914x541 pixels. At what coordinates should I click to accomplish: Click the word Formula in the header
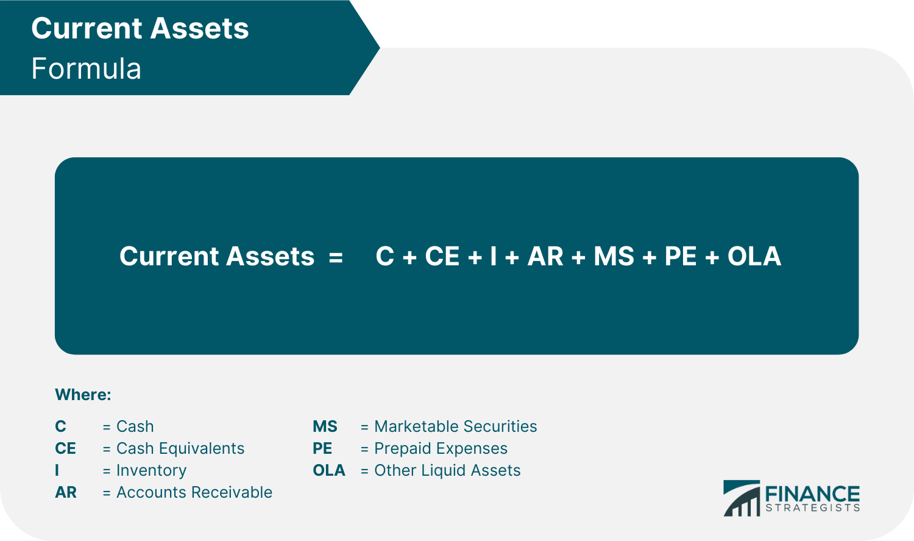pos(86,68)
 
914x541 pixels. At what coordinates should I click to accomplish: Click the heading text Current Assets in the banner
pos(140,28)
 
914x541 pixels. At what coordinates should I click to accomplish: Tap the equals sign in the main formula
pos(336,256)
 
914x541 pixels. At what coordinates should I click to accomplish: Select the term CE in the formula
pos(442,256)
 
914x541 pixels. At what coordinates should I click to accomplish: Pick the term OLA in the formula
pos(754,256)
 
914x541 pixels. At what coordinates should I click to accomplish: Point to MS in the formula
pos(614,256)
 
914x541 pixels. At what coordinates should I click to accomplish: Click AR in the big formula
pos(545,256)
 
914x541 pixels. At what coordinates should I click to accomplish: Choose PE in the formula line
pos(680,256)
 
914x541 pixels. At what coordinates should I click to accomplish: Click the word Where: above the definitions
pos(83,395)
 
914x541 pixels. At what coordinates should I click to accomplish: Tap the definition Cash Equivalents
pos(180,448)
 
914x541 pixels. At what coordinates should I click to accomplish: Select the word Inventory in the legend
pos(152,470)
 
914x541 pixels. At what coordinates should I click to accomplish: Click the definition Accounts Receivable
pos(194,492)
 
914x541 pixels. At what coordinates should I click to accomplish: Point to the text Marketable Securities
pos(456,426)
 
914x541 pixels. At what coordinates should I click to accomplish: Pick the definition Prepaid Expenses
pos(441,448)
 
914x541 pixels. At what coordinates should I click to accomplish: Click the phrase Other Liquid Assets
pos(447,470)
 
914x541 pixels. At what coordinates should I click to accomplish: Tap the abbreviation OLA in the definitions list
pos(329,470)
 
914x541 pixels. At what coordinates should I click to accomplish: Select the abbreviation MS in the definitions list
pos(325,426)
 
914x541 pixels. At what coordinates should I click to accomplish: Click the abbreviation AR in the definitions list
pos(66,492)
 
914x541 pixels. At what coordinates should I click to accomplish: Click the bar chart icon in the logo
pos(741,498)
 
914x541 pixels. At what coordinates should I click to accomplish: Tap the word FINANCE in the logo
pos(812,493)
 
